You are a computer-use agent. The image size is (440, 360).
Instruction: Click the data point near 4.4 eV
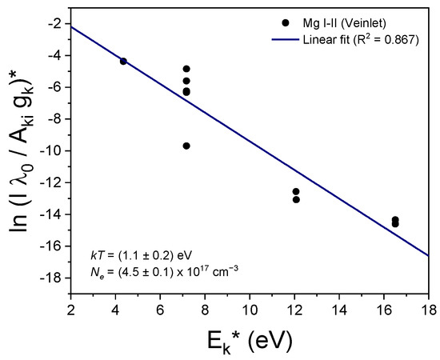tap(123, 61)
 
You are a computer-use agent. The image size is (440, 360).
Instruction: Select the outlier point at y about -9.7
tap(186, 146)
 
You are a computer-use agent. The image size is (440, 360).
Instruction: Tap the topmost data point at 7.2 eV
tap(186, 69)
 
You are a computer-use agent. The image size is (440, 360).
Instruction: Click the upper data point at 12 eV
tap(296, 191)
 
